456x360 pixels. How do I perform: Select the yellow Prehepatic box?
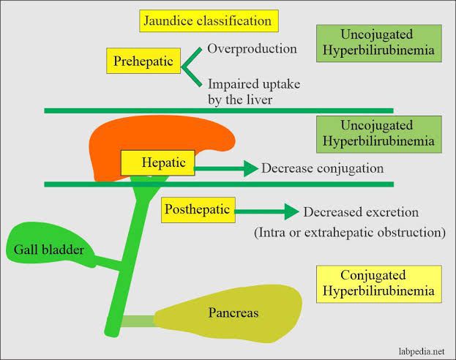(x=144, y=61)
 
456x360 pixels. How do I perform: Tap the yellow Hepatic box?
(x=157, y=162)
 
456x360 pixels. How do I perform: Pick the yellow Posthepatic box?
(x=197, y=211)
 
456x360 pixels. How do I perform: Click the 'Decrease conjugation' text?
(x=322, y=168)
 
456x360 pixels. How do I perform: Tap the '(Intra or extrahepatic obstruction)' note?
(x=350, y=233)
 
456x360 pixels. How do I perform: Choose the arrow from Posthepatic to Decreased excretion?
(x=266, y=213)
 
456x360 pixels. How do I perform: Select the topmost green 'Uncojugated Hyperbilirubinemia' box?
(x=379, y=42)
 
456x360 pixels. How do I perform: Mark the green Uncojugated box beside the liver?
(x=379, y=134)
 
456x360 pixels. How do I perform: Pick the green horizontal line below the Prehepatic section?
(x=220, y=110)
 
